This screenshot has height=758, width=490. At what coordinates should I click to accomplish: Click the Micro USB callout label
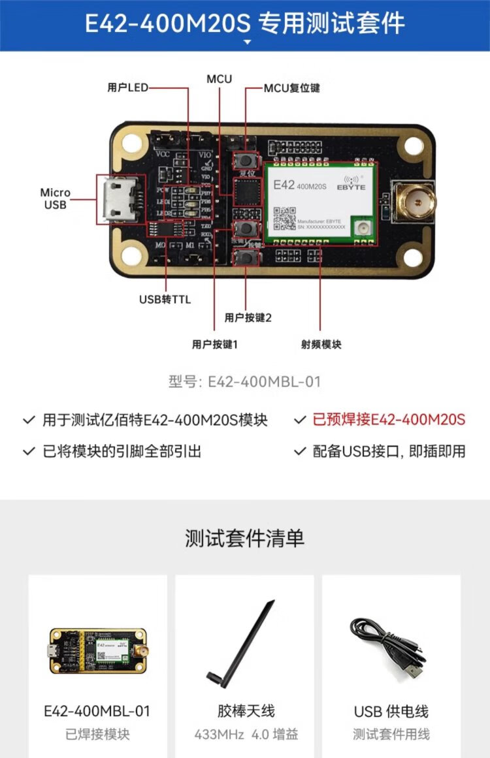pyautogui.click(x=55, y=198)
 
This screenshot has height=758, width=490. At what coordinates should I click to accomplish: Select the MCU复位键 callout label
pyautogui.click(x=291, y=87)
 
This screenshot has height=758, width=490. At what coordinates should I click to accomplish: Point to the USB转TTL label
pyautogui.click(x=165, y=300)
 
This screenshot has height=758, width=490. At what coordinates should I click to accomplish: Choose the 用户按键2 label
pyautogui.click(x=248, y=318)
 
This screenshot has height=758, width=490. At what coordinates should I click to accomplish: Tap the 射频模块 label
pyautogui.click(x=321, y=344)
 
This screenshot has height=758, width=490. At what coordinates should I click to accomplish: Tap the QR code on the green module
pyautogui.click(x=284, y=219)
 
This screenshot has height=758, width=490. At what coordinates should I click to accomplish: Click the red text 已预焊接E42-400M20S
pyautogui.click(x=389, y=419)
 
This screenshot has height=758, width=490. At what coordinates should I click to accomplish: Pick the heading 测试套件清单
pyautogui.click(x=244, y=539)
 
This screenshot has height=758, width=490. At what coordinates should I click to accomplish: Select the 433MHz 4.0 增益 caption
pyautogui.click(x=246, y=734)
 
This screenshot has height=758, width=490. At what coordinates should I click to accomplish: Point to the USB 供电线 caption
pyautogui.click(x=391, y=711)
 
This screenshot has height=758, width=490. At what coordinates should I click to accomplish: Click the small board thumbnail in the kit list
pyautogui.click(x=97, y=651)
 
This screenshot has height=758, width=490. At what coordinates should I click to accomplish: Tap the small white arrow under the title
pyautogui.click(x=247, y=42)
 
